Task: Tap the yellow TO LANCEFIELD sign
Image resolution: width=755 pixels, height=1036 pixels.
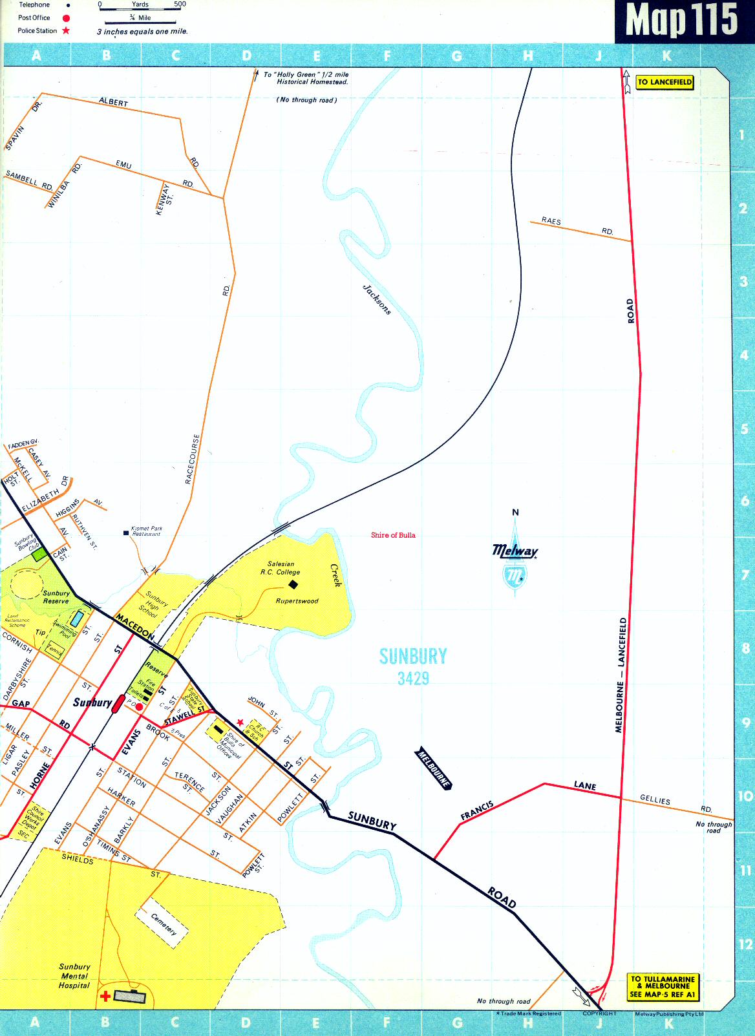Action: (x=665, y=82)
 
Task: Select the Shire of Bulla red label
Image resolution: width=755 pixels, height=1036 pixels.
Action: (x=393, y=535)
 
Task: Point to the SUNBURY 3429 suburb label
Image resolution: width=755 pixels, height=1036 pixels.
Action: (x=413, y=666)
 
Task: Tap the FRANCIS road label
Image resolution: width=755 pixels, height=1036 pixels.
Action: (x=477, y=810)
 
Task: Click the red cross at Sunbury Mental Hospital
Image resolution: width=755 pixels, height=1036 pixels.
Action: (x=105, y=997)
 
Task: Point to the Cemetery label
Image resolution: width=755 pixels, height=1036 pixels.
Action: (x=163, y=924)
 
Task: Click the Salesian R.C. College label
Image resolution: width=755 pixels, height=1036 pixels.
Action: (x=281, y=568)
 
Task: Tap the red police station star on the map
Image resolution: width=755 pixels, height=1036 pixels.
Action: (x=240, y=722)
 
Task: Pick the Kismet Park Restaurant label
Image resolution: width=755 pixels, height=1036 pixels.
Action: (x=147, y=531)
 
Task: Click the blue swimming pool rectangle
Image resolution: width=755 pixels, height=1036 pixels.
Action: (x=76, y=618)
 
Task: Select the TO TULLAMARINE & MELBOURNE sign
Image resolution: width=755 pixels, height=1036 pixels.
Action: (x=663, y=987)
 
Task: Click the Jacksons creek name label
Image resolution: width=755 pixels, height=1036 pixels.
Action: (x=376, y=299)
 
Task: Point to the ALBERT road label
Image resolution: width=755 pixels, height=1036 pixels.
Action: (x=114, y=102)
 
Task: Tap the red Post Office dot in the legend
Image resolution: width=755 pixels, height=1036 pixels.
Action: (x=66, y=18)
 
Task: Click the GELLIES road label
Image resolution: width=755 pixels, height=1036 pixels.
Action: (x=655, y=799)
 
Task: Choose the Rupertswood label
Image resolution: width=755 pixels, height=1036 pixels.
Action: (x=297, y=601)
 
